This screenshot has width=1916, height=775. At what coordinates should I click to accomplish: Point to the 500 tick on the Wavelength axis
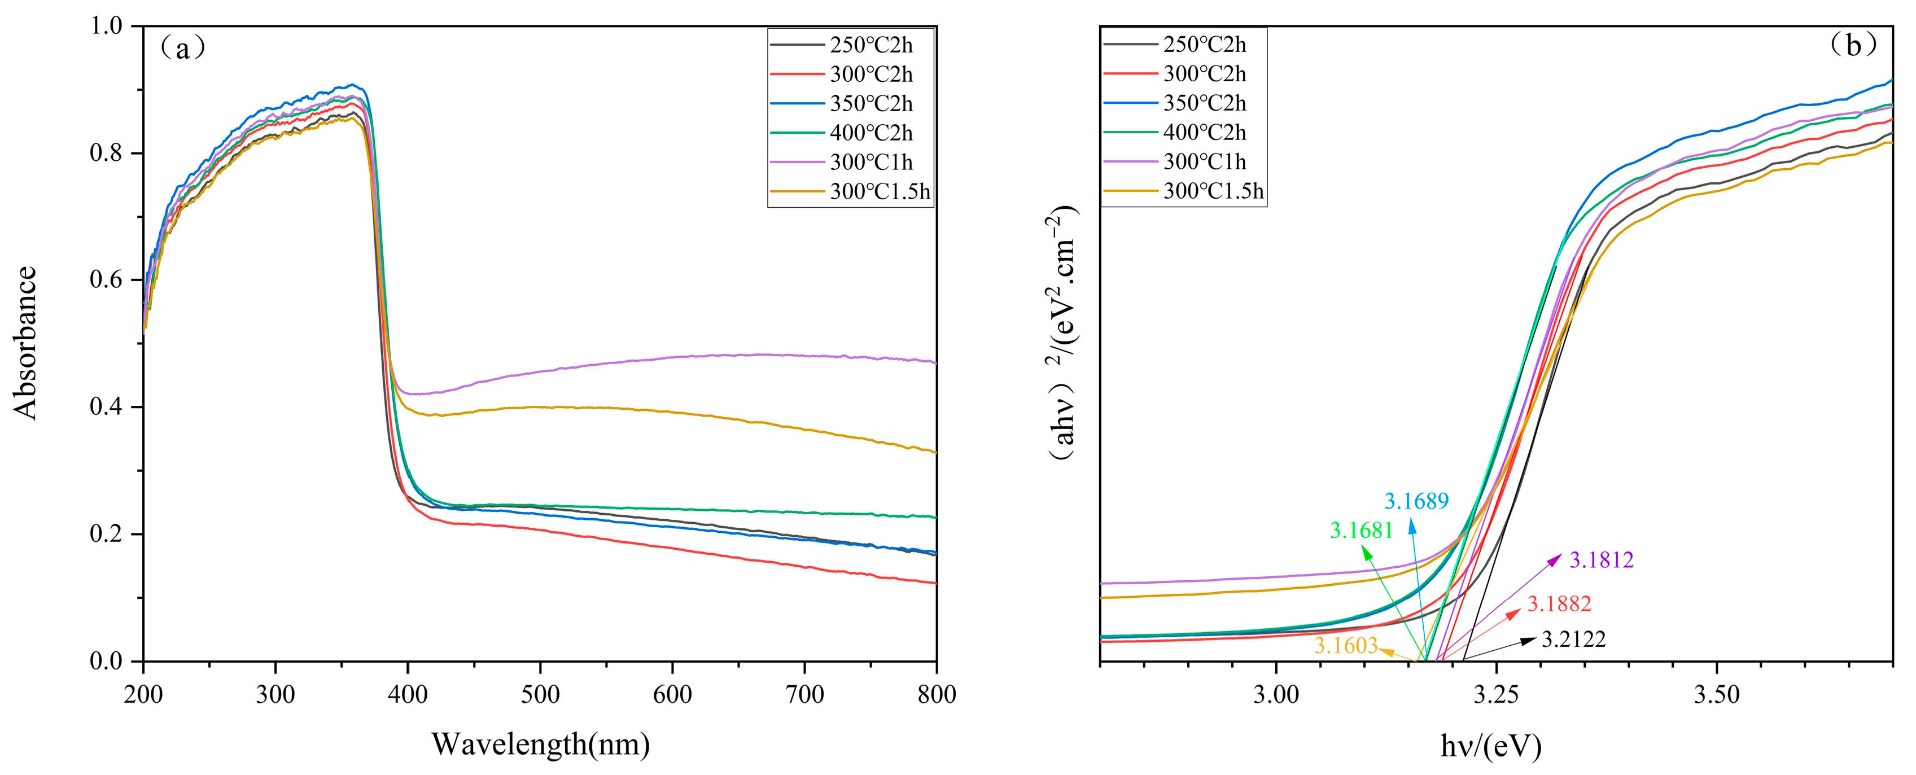(540, 695)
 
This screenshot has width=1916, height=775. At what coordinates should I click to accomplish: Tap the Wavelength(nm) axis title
(540, 744)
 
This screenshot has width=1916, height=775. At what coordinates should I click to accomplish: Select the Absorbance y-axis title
(26, 344)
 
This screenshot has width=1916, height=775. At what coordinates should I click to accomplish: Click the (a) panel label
(181, 49)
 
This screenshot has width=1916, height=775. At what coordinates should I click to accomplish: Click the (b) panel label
(1853, 46)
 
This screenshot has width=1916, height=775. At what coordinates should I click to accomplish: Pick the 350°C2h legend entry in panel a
(870, 103)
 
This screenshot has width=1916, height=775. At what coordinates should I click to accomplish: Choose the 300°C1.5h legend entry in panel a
(879, 192)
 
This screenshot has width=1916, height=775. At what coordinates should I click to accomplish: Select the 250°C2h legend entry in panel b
(1204, 45)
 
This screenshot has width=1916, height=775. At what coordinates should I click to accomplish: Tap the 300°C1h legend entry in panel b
(1204, 161)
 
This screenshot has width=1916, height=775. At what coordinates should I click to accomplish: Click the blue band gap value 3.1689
(1416, 501)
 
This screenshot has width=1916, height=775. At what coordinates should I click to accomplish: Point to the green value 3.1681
(1361, 530)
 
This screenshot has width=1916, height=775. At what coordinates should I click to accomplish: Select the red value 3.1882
(1559, 604)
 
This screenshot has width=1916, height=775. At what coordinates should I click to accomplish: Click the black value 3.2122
(1573, 639)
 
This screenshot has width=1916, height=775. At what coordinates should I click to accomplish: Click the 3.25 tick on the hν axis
(1497, 695)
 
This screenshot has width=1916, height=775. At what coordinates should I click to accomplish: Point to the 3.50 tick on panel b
(1717, 695)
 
